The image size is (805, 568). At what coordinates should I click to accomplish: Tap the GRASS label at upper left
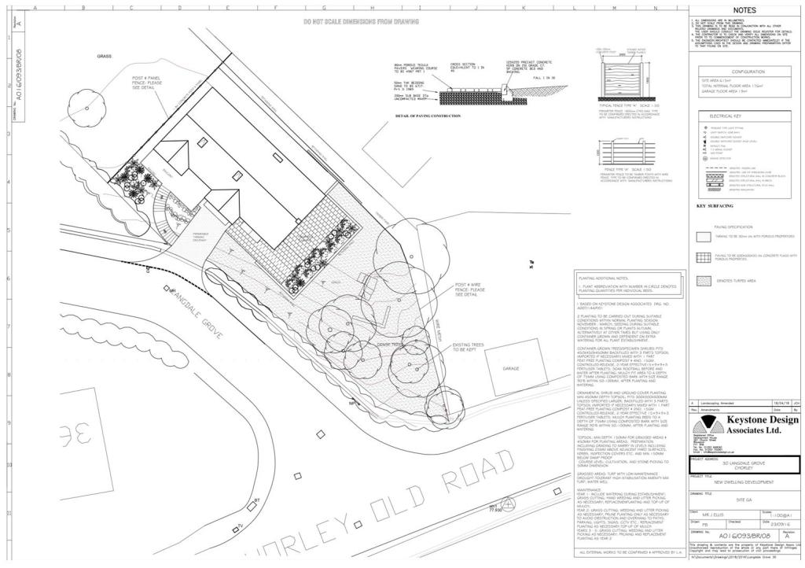coord(105,57)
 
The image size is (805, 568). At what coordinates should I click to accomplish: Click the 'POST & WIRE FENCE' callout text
coord(472,290)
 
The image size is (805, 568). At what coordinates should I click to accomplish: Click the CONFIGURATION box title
coord(742,72)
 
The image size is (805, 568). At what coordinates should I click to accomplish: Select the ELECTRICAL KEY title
coord(742,116)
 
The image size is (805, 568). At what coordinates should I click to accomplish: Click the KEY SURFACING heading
coord(715,207)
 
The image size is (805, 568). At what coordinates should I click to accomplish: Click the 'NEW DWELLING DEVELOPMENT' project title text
coord(742,481)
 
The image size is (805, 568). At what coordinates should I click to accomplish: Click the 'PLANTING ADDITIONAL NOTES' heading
coord(601,278)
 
